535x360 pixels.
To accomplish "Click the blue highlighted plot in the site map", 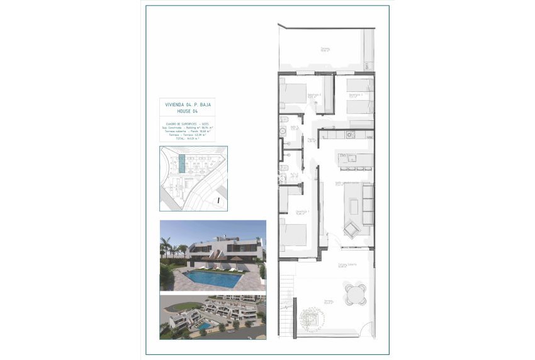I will pos(182,164).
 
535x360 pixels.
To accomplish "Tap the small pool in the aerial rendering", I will pos(203,327).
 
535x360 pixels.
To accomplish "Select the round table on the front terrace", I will pos(354,292).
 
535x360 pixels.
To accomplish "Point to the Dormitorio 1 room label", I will pos(303,211).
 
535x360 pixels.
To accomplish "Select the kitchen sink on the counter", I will pos(351,134).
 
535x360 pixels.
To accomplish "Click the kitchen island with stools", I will pos(356,162).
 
